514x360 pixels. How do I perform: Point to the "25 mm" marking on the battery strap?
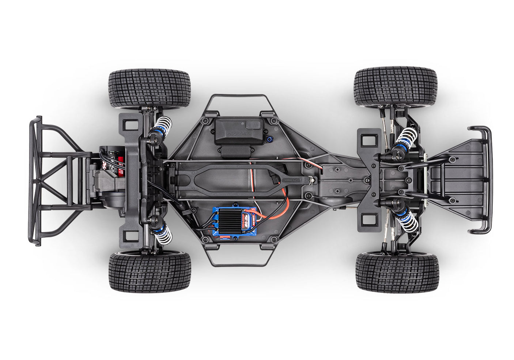point(298,179)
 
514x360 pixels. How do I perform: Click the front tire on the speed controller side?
point(396,272)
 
